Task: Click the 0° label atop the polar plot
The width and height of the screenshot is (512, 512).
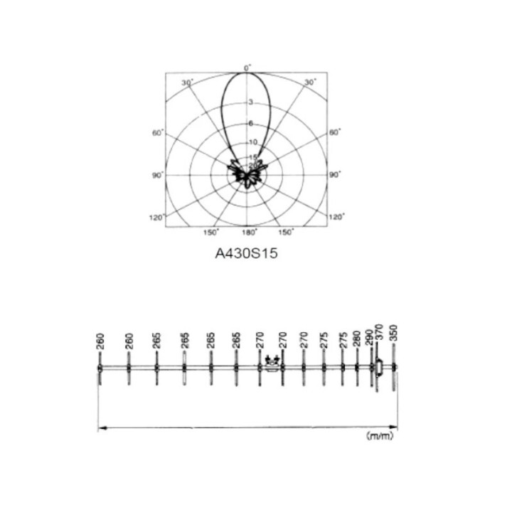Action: click(247, 68)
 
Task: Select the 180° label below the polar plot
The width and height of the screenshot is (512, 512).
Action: click(248, 233)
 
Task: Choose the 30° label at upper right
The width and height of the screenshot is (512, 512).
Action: click(310, 82)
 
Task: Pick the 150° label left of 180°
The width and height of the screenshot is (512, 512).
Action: click(211, 233)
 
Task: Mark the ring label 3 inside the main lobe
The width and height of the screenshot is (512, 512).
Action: click(250, 102)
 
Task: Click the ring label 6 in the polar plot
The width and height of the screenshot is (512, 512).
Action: click(250, 123)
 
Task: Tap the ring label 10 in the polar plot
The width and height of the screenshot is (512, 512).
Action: click(252, 142)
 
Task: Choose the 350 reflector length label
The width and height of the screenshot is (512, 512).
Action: click(397, 334)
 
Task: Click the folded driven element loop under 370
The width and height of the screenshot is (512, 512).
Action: click(380, 368)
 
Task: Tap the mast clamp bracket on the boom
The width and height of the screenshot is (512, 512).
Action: click(271, 365)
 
